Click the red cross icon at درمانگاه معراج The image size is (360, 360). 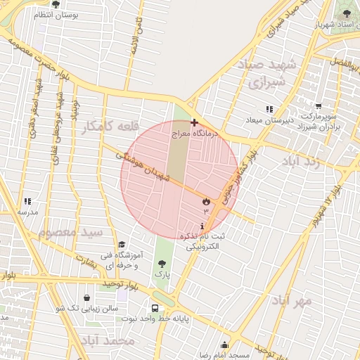[194, 122]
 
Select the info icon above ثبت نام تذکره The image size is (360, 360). [203, 226]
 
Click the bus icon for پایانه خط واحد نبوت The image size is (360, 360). [155, 308]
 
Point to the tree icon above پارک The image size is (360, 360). [162, 264]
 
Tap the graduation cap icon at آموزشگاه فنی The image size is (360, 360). [122, 244]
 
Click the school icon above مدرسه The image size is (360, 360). [27, 201]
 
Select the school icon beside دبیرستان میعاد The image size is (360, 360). [269, 109]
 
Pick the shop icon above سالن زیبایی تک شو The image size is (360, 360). [86, 298]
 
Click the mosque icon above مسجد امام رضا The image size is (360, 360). [224, 345]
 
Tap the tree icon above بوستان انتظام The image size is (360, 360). [55, 4]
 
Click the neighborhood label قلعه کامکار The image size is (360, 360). [106, 126]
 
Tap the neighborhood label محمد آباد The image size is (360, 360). [108, 341]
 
